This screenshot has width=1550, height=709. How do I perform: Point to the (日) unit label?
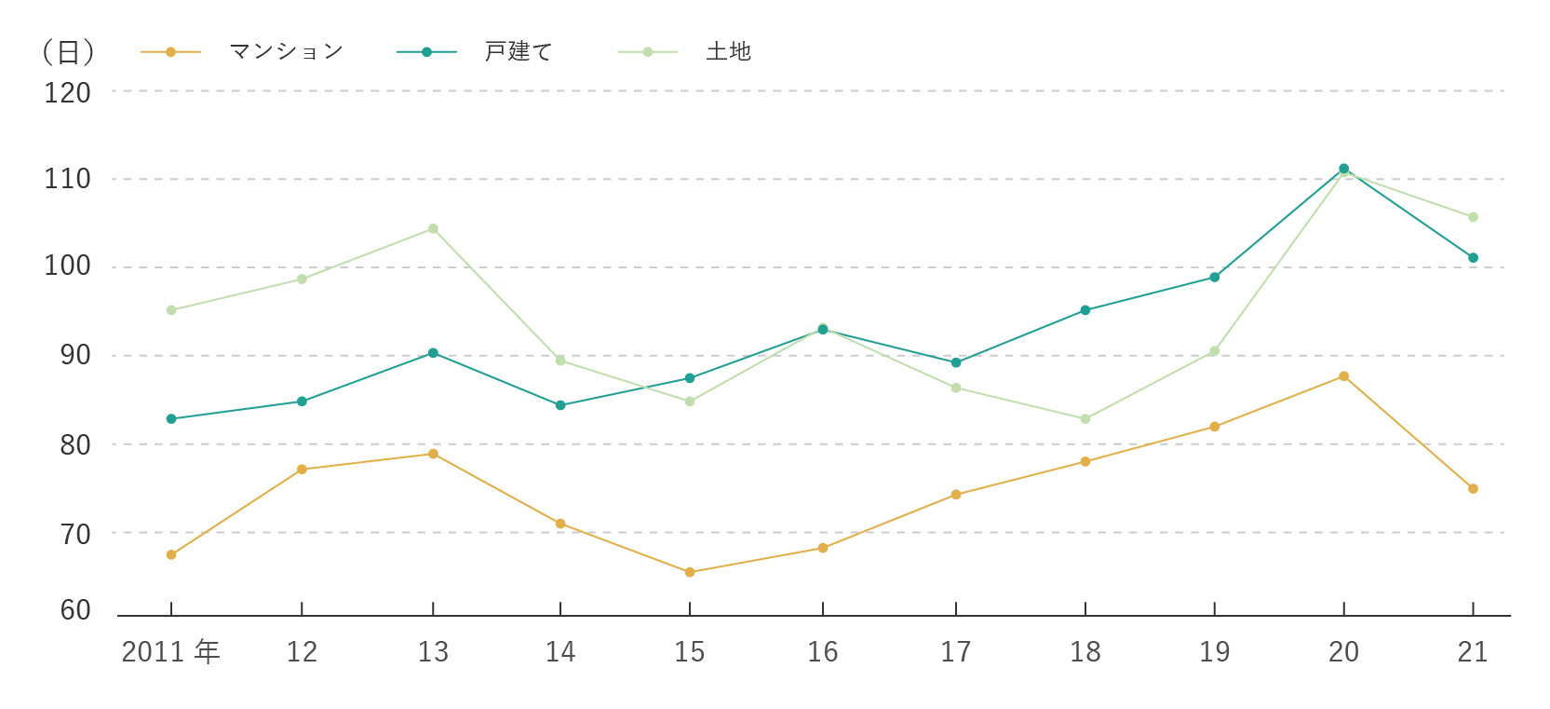click(68, 52)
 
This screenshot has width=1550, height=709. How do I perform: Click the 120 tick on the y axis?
click(67, 93)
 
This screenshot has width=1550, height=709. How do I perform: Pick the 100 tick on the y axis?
click(67, 266)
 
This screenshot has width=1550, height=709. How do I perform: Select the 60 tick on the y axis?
click(75, 610)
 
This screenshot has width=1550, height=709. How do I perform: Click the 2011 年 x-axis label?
click(170, 651)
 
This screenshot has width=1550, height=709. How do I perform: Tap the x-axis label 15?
click(689, 651)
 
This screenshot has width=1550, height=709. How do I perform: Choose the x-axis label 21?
click(1472, 651)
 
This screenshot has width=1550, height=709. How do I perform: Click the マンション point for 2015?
click(690, 572)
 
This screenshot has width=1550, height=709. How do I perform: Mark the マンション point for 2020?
click(1343, 376)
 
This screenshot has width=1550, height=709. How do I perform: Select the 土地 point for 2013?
click(433, 229)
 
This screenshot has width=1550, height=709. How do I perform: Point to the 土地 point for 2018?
click(1085, 419)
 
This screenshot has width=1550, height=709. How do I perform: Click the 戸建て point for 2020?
click(1343, 169)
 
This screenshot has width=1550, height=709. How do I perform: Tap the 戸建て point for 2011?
click(171, 419)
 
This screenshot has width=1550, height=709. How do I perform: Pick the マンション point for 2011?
click(171, 554)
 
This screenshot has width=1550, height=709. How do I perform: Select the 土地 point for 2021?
click(1473, 217)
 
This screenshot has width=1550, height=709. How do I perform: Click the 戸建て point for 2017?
click(956, 362)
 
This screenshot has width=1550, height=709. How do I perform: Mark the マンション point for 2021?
click(1473, 488)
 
